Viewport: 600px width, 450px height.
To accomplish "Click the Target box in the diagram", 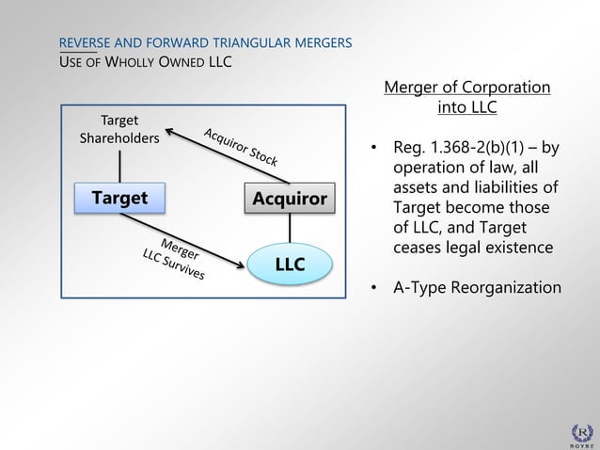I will point(119,198).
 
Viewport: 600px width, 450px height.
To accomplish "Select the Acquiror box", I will point(289,199).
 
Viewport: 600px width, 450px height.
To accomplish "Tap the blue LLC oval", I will point(290,264).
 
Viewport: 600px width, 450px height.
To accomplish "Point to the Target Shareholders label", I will point(119,130).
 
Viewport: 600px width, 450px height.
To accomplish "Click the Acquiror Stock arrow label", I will point(241,147).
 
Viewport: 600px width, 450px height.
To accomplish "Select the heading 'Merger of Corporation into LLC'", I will point(467,98).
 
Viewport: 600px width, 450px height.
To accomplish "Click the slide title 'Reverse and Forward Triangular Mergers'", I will point(205,43).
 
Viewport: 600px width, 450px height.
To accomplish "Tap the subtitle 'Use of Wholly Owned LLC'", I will point(146,63).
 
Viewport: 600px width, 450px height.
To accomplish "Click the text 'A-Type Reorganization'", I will point(477,287).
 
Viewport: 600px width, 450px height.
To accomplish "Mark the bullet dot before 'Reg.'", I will point(373,150).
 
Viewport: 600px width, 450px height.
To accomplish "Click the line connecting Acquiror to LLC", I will point(290,229).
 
